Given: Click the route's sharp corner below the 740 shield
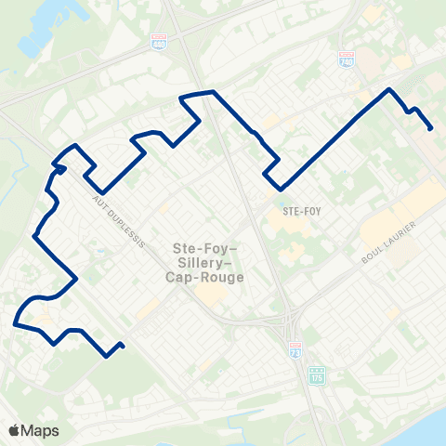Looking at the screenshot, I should [388, 89].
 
